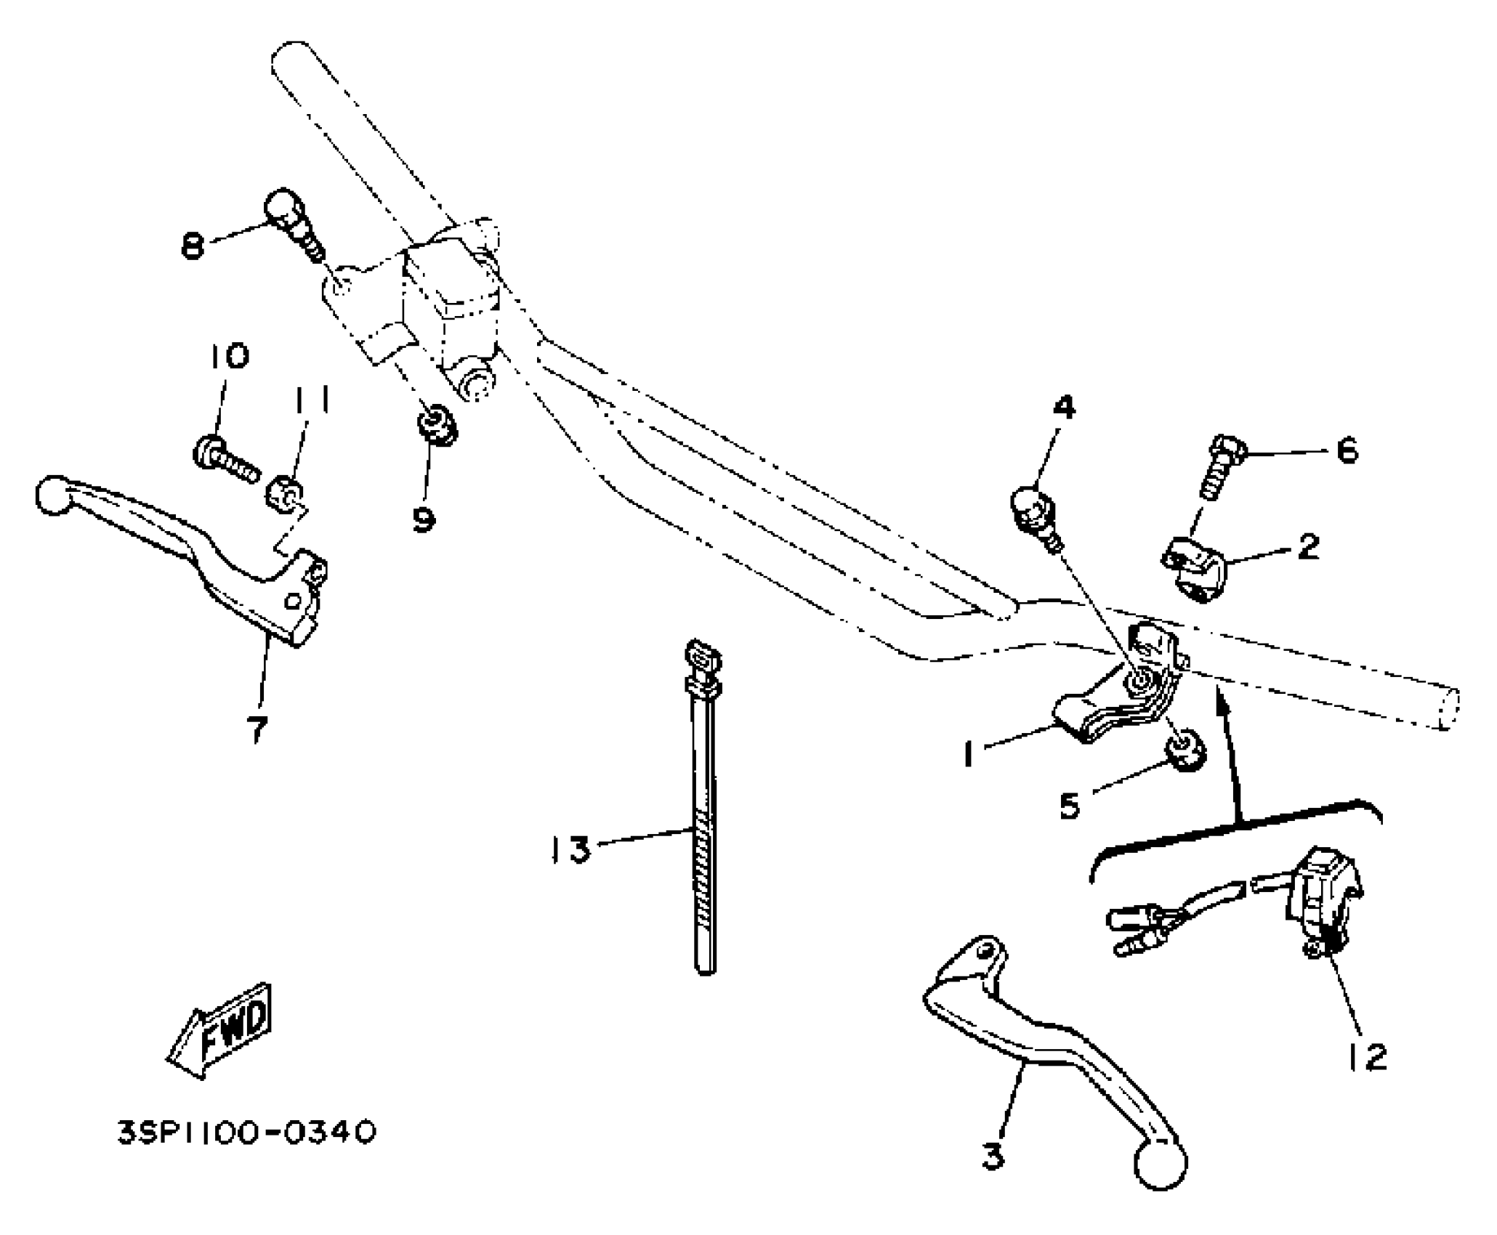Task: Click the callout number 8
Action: (193, 246)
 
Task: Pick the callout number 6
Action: (1347, 451)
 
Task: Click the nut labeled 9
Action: (437, 427)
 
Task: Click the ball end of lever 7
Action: (52, 496)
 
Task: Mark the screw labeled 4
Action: (1032, 510)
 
